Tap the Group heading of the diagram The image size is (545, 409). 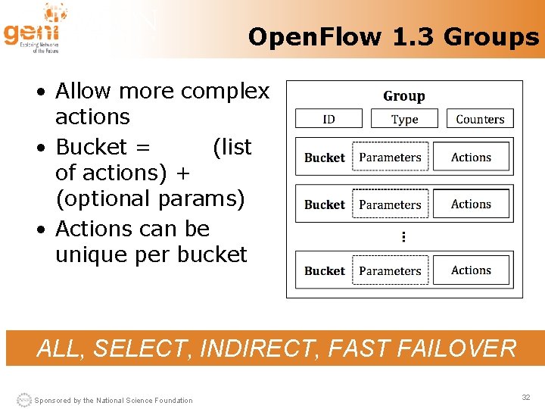[403, 96]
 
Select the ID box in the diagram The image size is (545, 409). [329, 119]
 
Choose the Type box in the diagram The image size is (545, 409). [404, 119]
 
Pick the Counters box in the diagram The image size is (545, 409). [480, 119]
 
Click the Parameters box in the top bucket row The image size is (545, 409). [390, 158]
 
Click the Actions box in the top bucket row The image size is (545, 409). [471, 158]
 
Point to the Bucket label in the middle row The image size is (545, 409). [324, 204]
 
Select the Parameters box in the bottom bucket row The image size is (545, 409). [390, 270]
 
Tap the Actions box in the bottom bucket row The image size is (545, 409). [471, 270]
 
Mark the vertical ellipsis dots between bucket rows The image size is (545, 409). [403, 237]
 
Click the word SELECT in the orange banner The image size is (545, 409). [142, 348]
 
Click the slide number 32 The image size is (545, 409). [525, 398]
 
